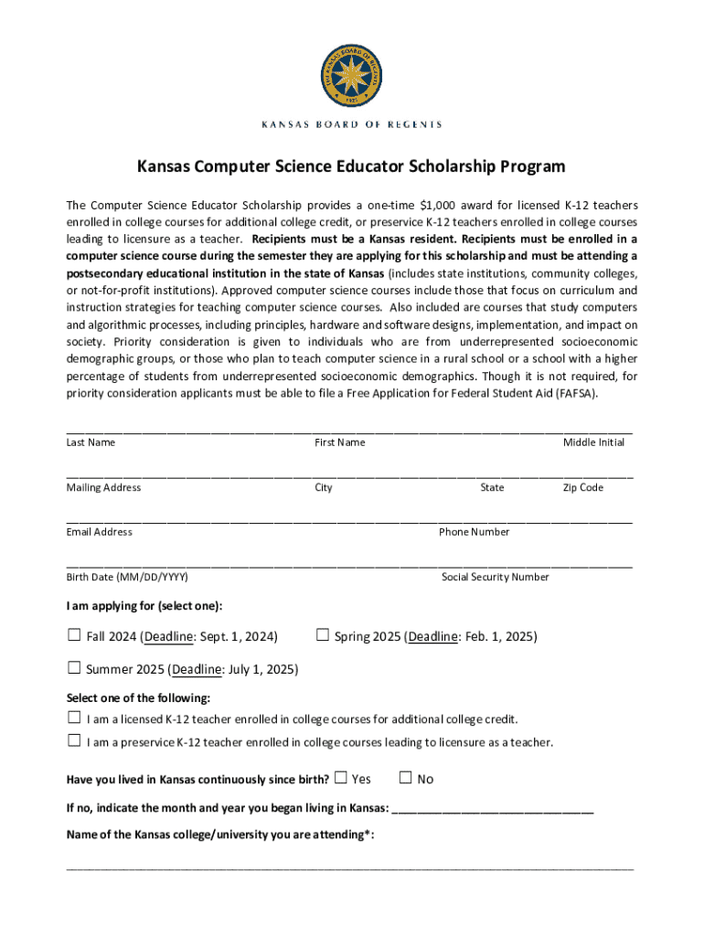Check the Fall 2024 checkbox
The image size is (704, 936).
pyautogui.click(x=74, y=635)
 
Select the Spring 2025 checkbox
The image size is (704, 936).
pyautogui.click(x=322, y=635)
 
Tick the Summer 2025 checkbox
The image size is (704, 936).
pyautogui.click(x=74, y=668)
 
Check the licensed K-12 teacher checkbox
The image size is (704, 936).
pyautogui.click(x=74, y=718)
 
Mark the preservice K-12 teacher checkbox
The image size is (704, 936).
pyautogui.click(x=74, y=741)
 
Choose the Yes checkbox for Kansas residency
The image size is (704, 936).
pyautogui.click(x=341, y=778)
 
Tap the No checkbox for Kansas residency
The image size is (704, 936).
pyautogui.click(x=407, y=778)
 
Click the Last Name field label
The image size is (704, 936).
pyautogui.click(x=91, y=442)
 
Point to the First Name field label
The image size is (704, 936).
pyautogui.click(x=340, y=442)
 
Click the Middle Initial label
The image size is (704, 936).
pyautogui.click(x=593, y=442)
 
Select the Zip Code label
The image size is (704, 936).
pyautogui.click(x=582, y=487)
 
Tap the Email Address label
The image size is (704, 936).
pyautogui.click(x=99, y=532)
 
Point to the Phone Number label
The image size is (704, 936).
pyautogui.click(x=474, y=532)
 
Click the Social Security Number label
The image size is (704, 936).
pyautogui.click(x=495, y=577)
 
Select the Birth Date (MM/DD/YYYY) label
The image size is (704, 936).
pyautogui.click(x=127, y=577)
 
